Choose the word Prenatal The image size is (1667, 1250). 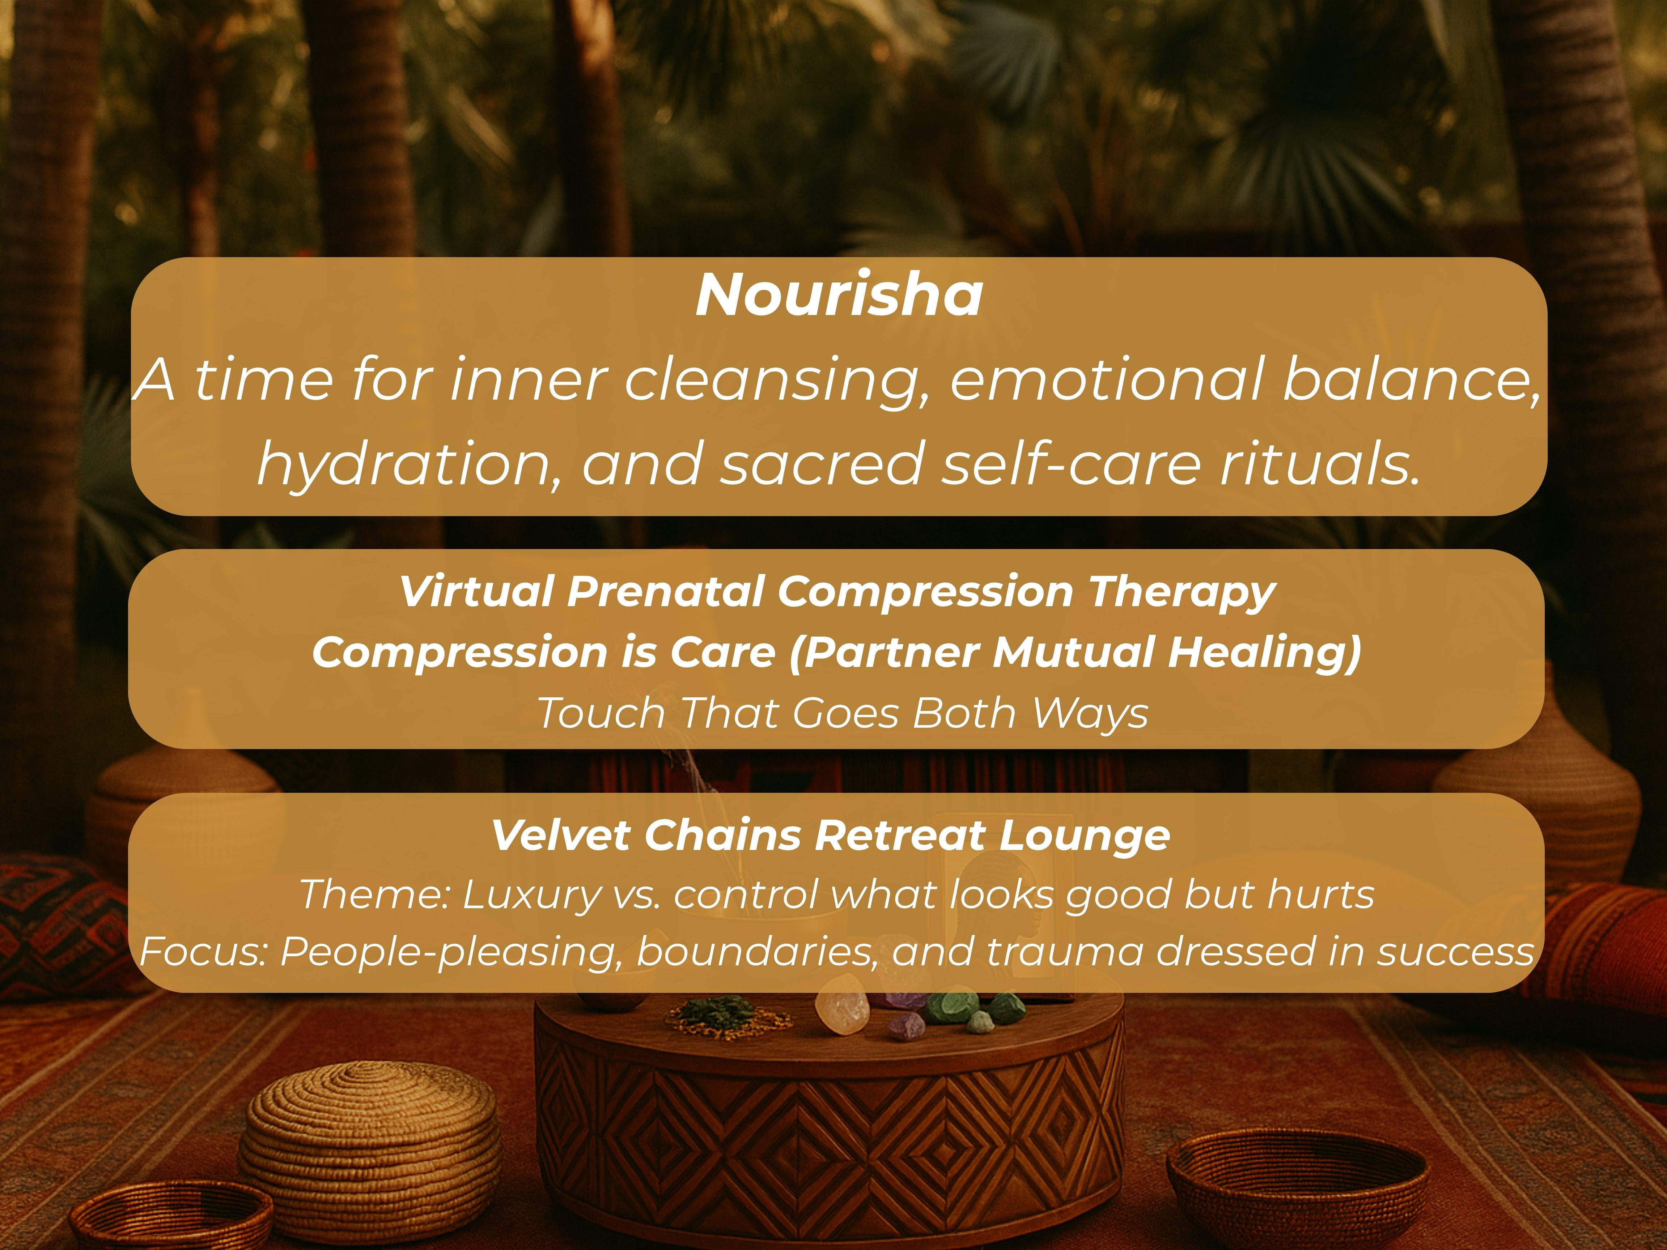[x=665, y=591]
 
